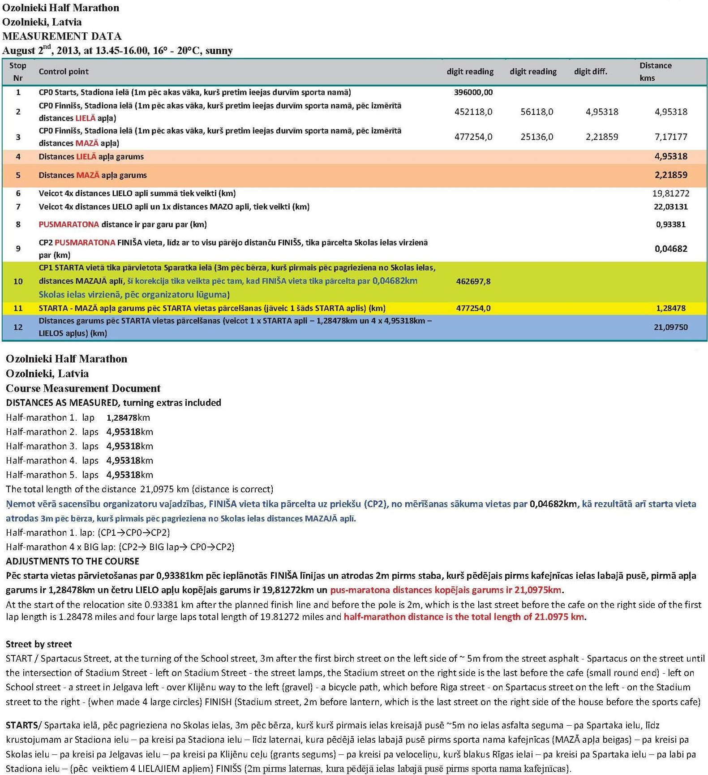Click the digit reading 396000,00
click(x=473, y=92)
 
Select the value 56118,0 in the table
click(x=536, y=112)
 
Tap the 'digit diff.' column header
click(x=590, y=72)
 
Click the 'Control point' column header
click(x=64, y=72)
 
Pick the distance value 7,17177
click(x=670, y=137)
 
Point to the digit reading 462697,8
click(x=473, y=281)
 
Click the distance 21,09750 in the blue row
click(x=670, y=327)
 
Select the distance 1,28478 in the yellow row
click(x=670, y=308)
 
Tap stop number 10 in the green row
click(x=18, y=281)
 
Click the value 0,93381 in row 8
click(x=670, y=224)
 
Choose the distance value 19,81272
click(x=670, y=194)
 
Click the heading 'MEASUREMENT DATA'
click(x=62, y=36)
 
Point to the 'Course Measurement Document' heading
click(x=83, y=388)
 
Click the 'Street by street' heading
click(x=39, y=644)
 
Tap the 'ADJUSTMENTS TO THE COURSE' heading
click(x=72, y=561)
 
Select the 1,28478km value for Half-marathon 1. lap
click(x=128, y=418)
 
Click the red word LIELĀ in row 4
click(x=86, y=157)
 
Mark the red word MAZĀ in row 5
click(x=87, y=175)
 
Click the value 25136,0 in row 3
click(x=536, y=137)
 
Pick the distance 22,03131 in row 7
click(x=670, y=207)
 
